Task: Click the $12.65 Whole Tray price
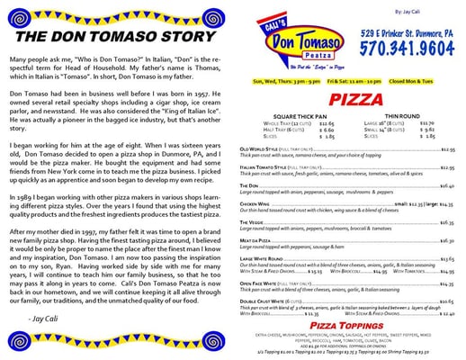325,122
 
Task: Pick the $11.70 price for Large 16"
426,122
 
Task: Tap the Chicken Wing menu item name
255,204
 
